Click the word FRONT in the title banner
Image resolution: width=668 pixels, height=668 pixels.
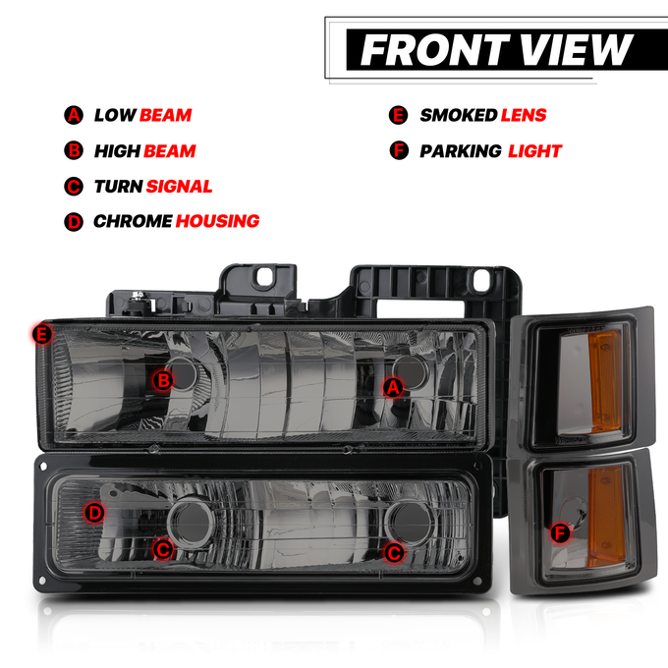[x=435, y=50]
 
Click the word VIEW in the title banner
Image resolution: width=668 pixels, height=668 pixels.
[x=576, y=50]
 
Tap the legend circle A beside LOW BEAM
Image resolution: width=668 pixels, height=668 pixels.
[x=74, y=115]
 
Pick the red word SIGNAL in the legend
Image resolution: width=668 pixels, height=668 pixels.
[x=179, y=187]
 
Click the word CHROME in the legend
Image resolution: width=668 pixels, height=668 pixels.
[x=133, y=222]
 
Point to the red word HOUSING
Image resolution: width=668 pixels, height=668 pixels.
[x=217, y=222]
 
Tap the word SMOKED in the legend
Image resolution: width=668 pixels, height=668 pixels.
[x=459, y=116]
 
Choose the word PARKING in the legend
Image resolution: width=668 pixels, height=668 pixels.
[x=461, y=151]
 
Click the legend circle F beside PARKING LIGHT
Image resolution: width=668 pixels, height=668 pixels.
[x=399, y=151]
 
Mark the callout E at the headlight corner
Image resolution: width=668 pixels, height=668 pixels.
[x=42, y=334]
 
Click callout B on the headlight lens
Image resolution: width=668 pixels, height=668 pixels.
[x=164, y=380]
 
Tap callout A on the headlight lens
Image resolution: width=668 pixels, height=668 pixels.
[x=393, y=388]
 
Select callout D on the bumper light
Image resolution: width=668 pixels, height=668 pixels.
[x=94, y=513]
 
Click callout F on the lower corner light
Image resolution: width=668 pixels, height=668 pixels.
[x=560, y=533]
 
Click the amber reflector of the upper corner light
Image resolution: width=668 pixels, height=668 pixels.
[x=606, y=381]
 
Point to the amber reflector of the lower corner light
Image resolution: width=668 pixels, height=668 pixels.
[x=607, y=516]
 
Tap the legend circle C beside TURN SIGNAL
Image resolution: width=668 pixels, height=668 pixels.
[x=74, y=187]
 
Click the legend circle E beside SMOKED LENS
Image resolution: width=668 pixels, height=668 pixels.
[x=398, y=116]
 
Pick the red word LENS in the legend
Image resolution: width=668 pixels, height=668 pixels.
[x=524, y=116]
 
